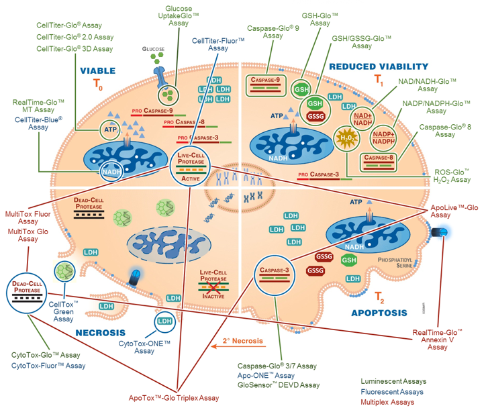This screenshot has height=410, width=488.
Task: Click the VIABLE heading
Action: pyautogui.click(x=99, y=70)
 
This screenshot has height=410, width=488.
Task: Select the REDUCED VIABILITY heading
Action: pyautogui.click(x=378, y=66)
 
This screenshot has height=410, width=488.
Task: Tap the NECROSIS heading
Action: pyautogui.click(x=101, y=332)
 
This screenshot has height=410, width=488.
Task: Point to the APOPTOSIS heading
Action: pyautogui.click(x=379, y=313)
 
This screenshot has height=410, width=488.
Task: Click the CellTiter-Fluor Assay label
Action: pyautogui.click(x=218, y=44)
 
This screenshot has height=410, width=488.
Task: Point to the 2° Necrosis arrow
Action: pyautogui.click(x=242, y=342)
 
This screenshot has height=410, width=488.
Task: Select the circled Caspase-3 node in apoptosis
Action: pyautogui.click(x=273, y=275)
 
